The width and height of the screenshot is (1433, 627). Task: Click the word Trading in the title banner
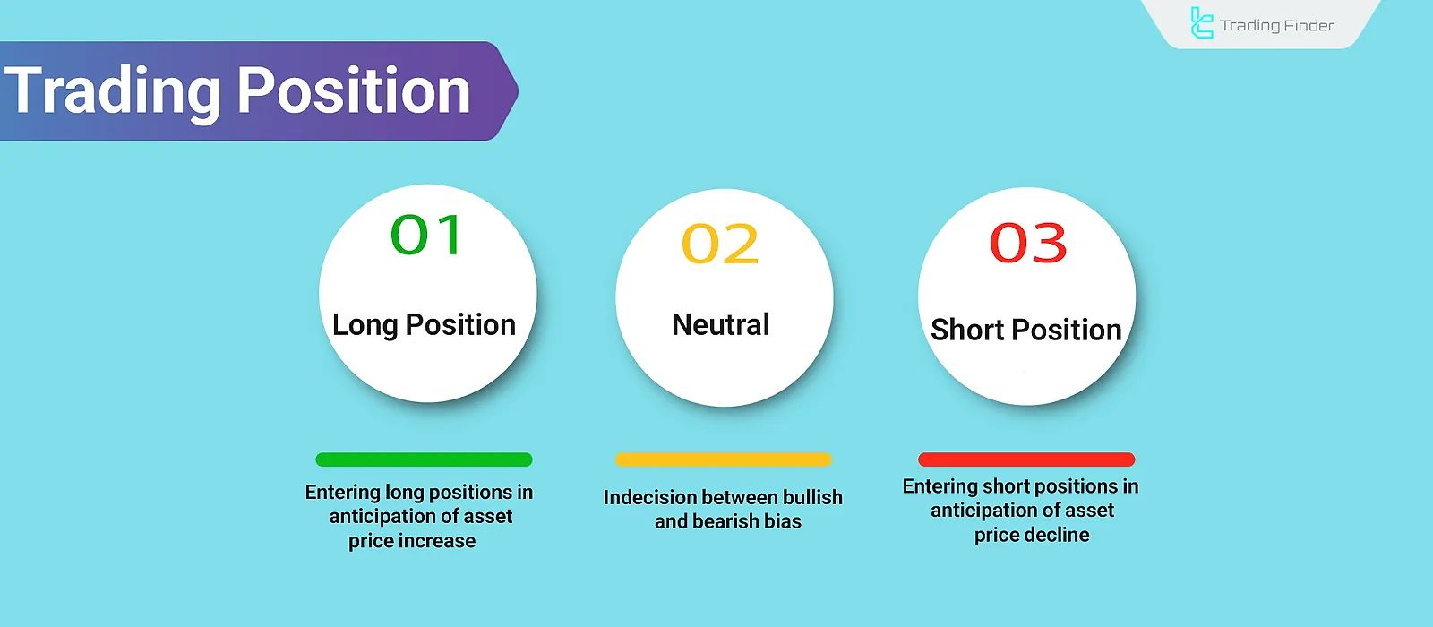coord(113,91)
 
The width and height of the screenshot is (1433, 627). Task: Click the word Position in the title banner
coord(353,91)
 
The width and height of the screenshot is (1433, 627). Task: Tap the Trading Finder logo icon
coord(1201,23)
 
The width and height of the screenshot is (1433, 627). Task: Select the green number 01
coord(426,236)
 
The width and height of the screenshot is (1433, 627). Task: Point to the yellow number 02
coord(720,244)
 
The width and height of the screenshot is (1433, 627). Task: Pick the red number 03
coord(1027,243)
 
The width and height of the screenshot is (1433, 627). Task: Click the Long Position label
coord(424,324)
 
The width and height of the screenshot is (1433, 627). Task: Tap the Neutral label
coord(720,324)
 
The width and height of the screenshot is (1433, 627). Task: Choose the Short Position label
coord(1025,330)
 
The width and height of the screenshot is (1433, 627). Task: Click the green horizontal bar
coord(424,460)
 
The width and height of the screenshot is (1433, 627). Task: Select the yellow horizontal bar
coord(723,460)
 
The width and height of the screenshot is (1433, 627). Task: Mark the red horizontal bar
coord(1026,460)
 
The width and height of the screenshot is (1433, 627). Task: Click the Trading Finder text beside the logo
coord(1277,25)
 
